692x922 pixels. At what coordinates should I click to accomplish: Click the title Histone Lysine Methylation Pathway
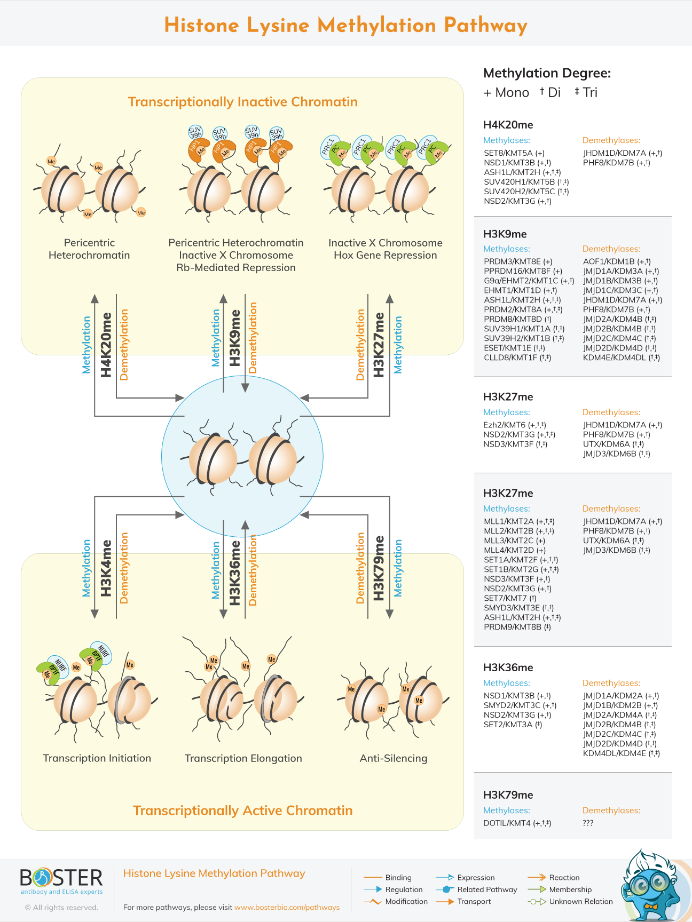coord(345,26)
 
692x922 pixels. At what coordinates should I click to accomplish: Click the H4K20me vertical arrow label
coord(106,345)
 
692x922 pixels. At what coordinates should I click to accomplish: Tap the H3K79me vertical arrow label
coord(379,568)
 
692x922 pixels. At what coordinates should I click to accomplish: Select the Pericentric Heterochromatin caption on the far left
coord(89,249)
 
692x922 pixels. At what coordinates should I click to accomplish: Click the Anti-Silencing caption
coord(394,758)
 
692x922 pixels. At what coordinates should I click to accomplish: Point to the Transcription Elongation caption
coord(243,758)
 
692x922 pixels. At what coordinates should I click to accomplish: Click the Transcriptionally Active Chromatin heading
coord(242,810)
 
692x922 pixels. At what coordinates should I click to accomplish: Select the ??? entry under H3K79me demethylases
coord(588,823)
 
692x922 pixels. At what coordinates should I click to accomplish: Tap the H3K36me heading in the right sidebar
coord(508,667)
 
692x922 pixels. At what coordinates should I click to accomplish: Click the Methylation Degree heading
coord(547,73)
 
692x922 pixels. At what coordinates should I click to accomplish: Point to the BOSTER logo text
coord(61,878)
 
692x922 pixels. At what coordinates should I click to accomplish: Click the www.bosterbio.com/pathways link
coord(287,907)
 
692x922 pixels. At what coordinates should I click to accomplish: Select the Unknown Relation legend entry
coord(580,901)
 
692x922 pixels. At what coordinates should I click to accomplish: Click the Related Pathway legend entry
coord(486,889)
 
